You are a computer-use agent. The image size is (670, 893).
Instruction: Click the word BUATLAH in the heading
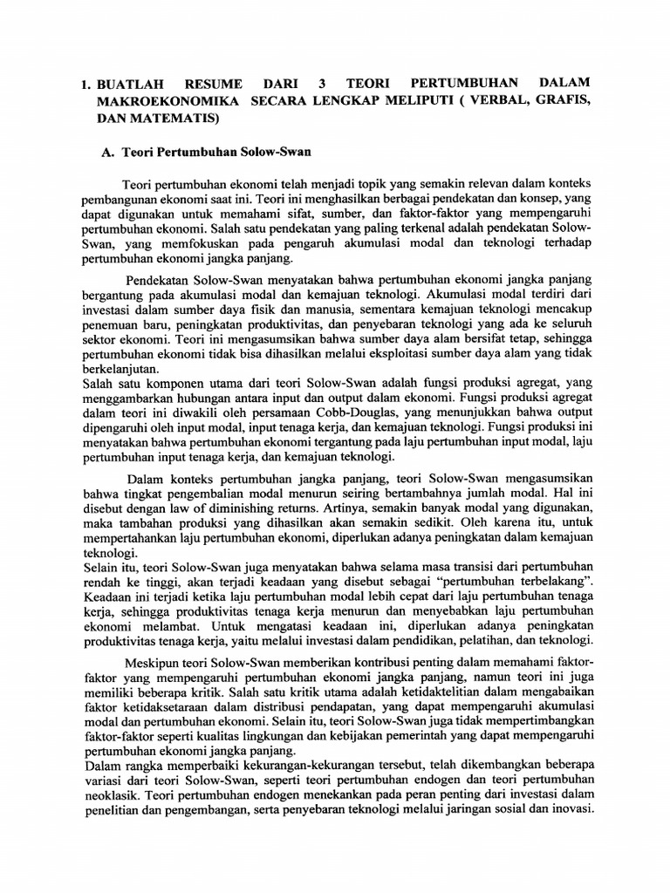[133, 85]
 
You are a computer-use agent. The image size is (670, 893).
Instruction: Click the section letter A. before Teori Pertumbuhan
[109, 151]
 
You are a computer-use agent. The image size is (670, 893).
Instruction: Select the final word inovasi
[574, 809]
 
